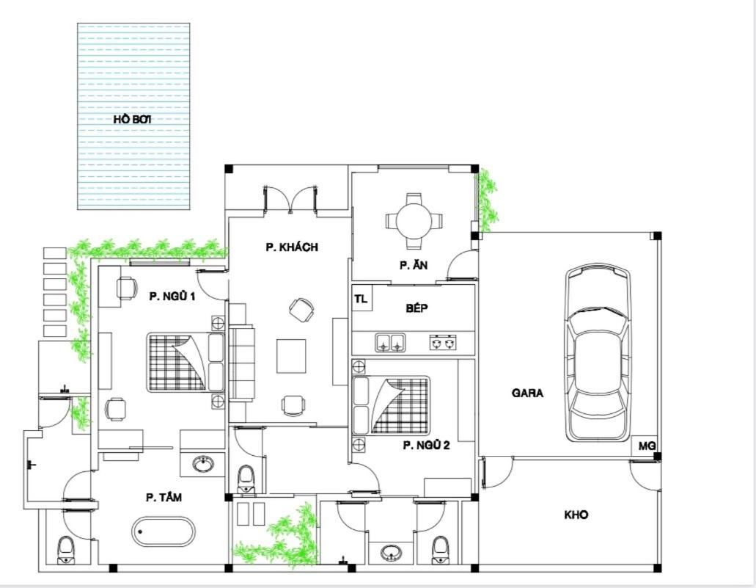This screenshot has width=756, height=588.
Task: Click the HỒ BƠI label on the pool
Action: coord(133,119)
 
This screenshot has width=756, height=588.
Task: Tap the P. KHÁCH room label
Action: coord(292,247)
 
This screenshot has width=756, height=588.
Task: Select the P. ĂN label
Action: coord(413,265)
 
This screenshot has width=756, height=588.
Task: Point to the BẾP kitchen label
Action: coord(416,308)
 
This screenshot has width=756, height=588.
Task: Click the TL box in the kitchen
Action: coord(361,299)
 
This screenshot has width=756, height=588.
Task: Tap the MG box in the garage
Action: coord(647,446)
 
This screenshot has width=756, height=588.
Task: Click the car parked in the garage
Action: coord(598,352)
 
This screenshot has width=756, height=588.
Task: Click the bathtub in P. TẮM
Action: coord(163,531)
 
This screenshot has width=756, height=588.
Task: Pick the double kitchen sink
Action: coord(390,342)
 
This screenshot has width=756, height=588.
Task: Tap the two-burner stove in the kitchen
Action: coord(443,342)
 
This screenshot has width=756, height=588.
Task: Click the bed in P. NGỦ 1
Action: coord(186,362)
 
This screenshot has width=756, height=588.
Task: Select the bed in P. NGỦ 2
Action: coord(391,405)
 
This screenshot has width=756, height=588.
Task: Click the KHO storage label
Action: coord(576,515)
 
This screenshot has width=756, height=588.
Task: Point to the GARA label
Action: coord(527,393)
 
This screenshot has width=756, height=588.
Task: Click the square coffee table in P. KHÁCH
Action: coord(290,356)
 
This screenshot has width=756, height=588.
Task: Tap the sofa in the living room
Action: coord(241,363)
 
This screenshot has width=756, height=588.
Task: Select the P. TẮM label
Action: coord(164,497)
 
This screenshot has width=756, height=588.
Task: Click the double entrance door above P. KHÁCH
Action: coord(290,199)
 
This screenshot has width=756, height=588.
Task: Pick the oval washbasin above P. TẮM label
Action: coord(203,464)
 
